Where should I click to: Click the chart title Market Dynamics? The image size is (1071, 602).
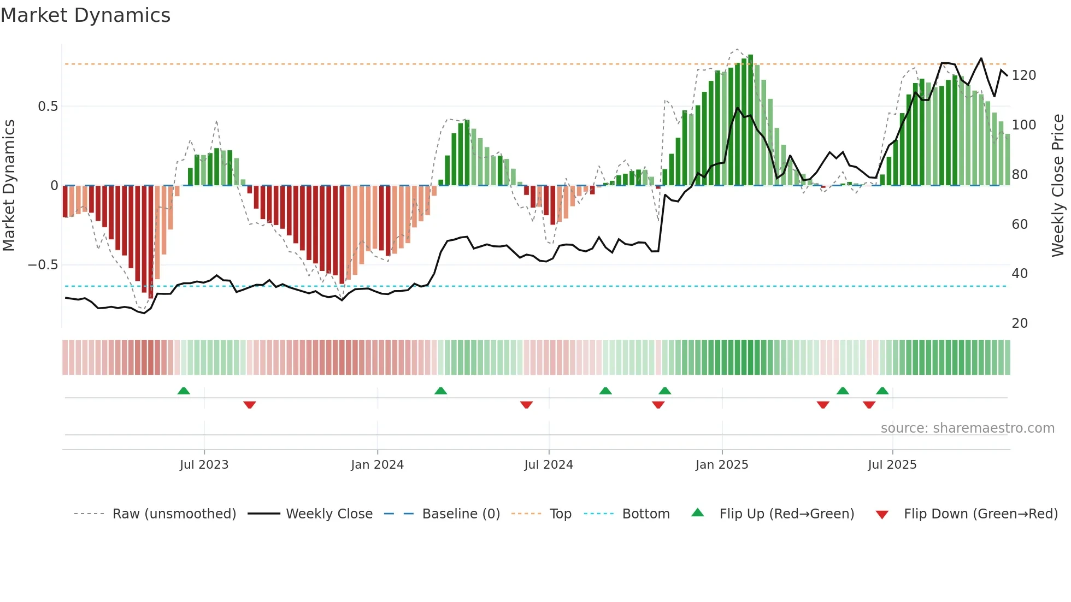pyautogui.click(x=85, y=15)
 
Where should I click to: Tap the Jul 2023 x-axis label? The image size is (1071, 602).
pyautogui.click(x=204, y=465)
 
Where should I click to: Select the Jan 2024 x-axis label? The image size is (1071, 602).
pyautogui.click(x=377, y=465)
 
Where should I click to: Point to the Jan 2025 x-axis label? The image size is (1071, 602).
pyautogui.click(x=721, y=465)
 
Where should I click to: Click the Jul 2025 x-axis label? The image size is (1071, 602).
pyautogui.click(x=892, y=465)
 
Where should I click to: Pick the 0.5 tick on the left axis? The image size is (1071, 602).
pyautogui.click(x=48, y=107)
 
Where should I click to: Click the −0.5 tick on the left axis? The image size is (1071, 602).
pyautogui.click(x=43, y=265)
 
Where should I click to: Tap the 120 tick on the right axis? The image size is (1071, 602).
pyautogui.click(x=1023, y=75)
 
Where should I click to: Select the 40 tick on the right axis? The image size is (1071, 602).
pyautogui.click(x=1020, y=274)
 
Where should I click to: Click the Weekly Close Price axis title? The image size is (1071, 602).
pyautogui.click(x=1058, y=186)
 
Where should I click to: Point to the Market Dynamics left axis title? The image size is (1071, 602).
pyautogui.click(x=9, y=186)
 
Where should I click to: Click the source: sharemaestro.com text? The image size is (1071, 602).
pyautogui.click(x=967, y=428)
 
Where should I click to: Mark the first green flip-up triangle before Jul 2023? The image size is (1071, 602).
pyautogui.click(x=184, y=391)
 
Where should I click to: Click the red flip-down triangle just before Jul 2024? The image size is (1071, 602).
pyautogui.click(x=526, y=405)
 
